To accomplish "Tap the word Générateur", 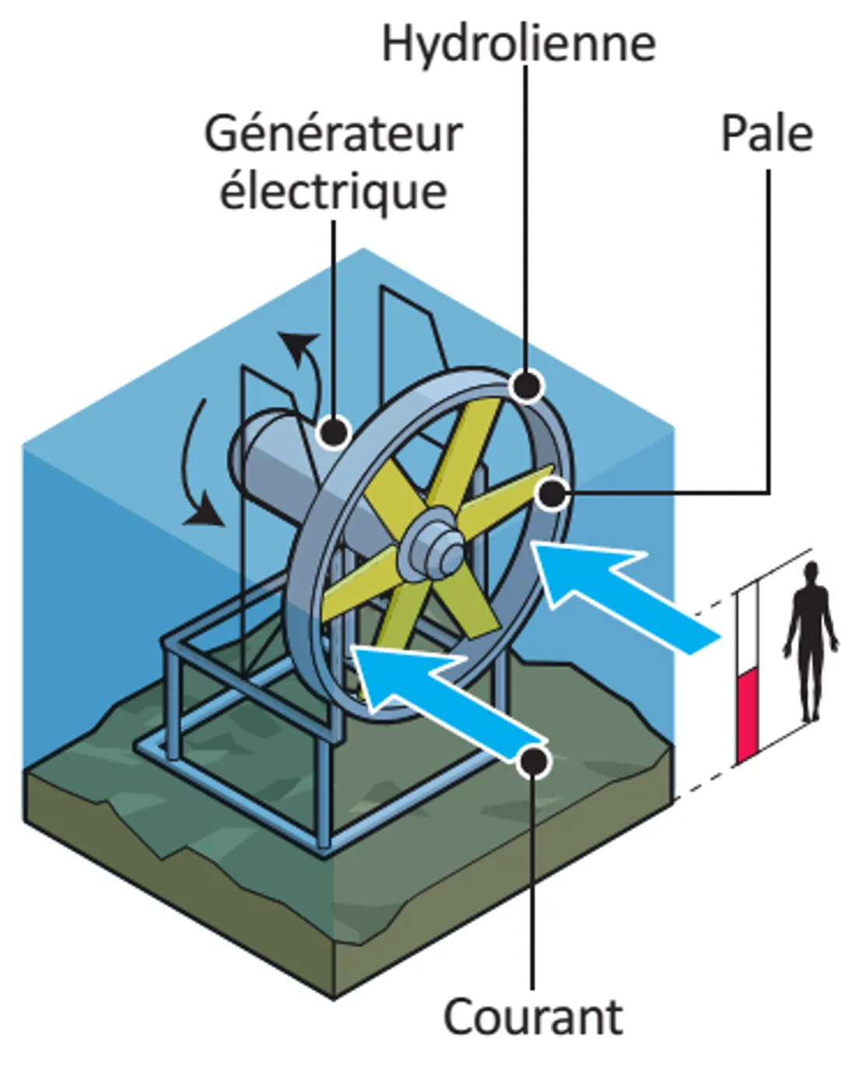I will point(333,134).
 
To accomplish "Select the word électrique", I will point(333,191).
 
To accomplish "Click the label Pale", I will point(767,134).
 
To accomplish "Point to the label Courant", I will point(533,1017).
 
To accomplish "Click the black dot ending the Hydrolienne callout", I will point(527,385).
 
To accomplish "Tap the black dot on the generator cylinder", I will point(335,431).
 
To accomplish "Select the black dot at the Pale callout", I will point(553,493).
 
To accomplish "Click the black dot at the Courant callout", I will point(534,760).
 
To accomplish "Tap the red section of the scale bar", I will point(747,716).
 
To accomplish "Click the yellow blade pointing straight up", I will point(471,451).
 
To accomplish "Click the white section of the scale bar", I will point(747,630).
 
